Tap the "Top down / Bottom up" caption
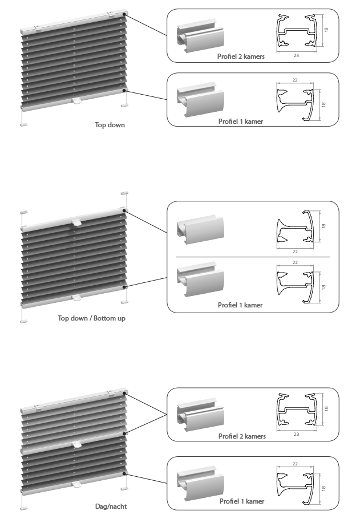coord(91,318)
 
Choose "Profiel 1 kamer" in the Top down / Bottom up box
coord(240,305)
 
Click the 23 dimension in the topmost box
coord(296,55)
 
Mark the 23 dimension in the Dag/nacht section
coord(296,435)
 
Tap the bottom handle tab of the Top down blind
coord(77,100)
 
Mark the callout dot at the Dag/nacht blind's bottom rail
coord(124,473)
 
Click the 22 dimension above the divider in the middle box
coord(295,252)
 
